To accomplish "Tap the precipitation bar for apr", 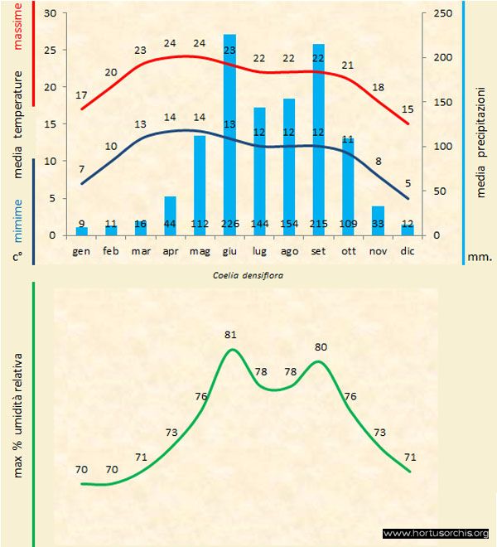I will [170, 215].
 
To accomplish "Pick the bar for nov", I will [378, 220].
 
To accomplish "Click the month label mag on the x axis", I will [200, 249].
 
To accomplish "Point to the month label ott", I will [348, 249].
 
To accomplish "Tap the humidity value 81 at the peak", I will [230, 335].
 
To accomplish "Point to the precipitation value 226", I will [229, 224].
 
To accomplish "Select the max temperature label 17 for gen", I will [81, 95].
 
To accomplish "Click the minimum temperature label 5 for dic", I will [407, 183].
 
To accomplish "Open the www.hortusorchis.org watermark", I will [437, 533].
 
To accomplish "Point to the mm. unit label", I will [480, 257].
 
